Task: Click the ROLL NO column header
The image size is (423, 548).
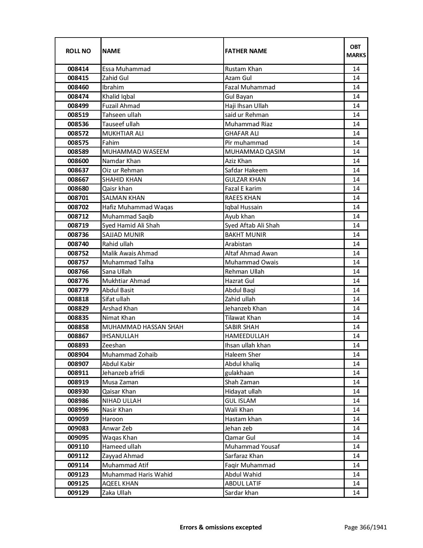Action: click(x=78, y=51)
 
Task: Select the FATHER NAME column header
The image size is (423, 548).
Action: click(x=246, y=51)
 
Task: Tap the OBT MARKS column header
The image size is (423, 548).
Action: click(x=356, y=51)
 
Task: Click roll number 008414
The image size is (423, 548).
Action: click(x=78, y=69)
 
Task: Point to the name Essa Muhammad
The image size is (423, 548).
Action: click(x=126, y=69)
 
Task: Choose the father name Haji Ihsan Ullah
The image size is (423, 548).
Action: click(x=247, y=106)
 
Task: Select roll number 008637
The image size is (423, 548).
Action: click(x=78, y=170)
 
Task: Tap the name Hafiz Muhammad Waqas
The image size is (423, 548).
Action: click(x=138, y=207)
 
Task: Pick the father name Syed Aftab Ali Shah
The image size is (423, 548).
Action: click(x=252, y=226)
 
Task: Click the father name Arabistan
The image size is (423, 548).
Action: click(x=238, y=244)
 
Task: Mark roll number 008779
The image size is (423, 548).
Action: click(x=78, y=290)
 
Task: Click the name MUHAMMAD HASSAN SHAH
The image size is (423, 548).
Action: click(x=143, y=327)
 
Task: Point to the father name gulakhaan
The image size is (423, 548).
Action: click(x=239, y=373)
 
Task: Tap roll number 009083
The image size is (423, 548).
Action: click(x=78, y=428)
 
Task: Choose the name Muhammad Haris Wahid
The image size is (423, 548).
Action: click(x=137, y=475)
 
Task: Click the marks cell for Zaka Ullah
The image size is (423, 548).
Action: click(x=356, y=493)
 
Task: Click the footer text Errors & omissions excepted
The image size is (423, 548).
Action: click(x=221, y=527)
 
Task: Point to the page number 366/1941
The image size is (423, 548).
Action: click(x=366, y=527)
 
